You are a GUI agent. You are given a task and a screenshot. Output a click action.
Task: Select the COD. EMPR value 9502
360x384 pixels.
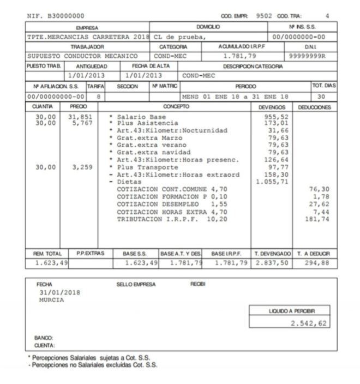click(264, 16)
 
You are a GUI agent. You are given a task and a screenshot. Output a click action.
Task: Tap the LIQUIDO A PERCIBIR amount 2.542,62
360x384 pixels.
click(309, 323)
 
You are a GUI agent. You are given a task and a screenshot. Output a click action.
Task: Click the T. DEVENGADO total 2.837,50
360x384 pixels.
click(271, 263)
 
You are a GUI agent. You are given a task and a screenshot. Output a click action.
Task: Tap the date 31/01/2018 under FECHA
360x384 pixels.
click(59, 292)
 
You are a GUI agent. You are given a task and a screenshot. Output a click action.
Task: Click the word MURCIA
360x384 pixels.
click(51, 299)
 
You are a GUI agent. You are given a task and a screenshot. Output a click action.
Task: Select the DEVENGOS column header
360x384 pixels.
click(271, 107)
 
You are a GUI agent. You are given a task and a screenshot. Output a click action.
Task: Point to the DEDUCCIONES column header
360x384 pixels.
click(315, 107)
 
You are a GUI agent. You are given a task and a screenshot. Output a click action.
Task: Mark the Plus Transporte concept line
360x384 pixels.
click(143, 167)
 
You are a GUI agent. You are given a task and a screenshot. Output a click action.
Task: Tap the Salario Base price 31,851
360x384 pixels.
click(79, 117)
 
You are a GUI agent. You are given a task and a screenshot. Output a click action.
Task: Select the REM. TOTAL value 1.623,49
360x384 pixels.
click(48, 263)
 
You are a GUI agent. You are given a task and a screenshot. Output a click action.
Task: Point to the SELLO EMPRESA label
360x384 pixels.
click(136, 284)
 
